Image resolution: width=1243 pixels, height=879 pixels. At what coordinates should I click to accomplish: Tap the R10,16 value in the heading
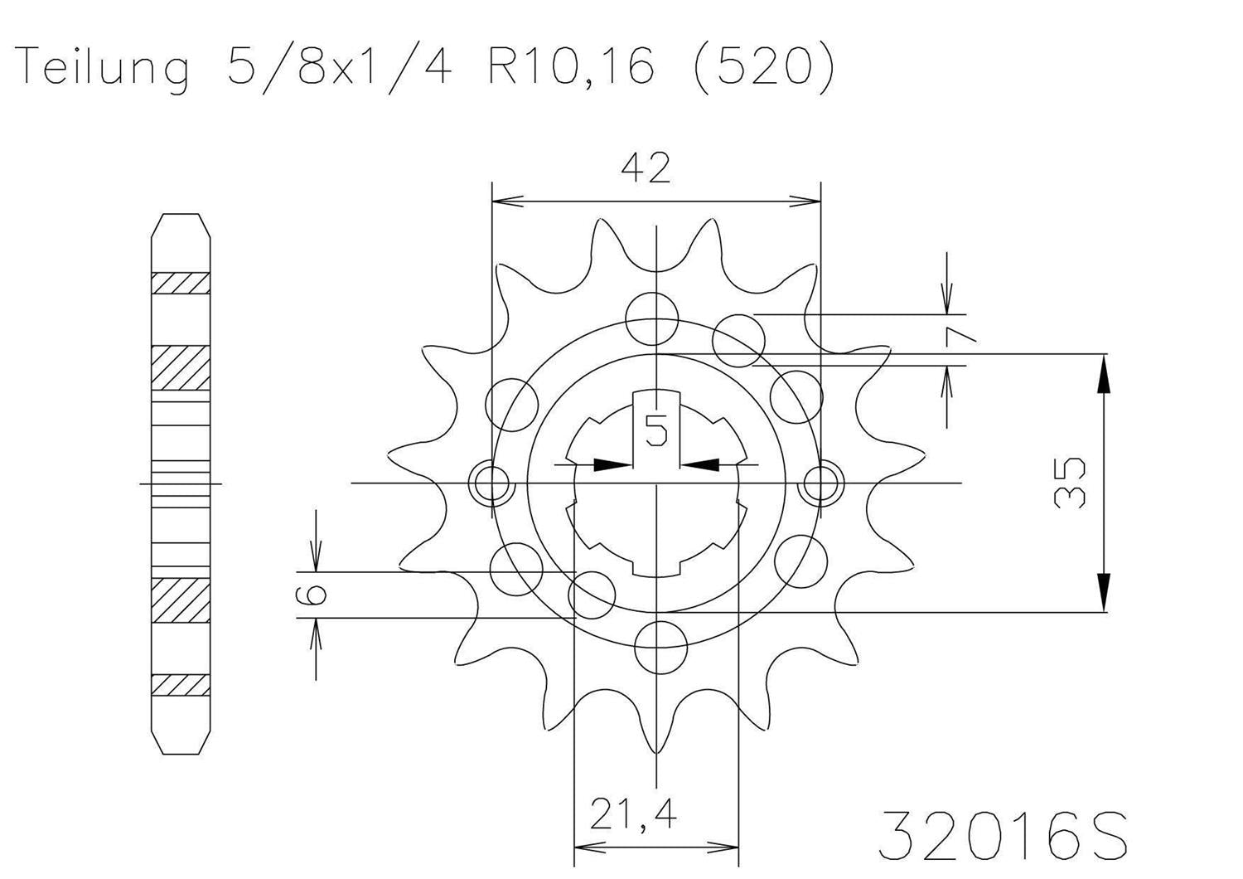(x=571, y=66)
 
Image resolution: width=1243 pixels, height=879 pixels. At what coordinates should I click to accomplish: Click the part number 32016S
(x=1002, y=835)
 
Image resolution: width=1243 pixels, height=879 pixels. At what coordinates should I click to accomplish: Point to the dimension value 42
(x=646, y=169)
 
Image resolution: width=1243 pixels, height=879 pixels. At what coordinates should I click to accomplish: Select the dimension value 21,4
(x=633, y=815)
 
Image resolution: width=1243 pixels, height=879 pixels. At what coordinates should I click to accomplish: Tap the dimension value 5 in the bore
(x=656, y=431)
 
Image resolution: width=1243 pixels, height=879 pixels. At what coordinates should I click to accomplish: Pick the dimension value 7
(x=962, y=334)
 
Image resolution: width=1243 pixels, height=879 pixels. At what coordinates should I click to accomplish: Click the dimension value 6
(x=315, y=594)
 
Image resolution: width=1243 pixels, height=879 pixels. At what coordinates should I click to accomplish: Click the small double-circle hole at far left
(x=491, y=482)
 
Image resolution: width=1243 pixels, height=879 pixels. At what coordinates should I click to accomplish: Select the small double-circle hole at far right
(x=820, y=482)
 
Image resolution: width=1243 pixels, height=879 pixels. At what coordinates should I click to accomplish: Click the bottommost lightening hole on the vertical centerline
(x=660, y=643)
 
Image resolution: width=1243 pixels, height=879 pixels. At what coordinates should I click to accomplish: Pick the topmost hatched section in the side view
(x=180, y=284)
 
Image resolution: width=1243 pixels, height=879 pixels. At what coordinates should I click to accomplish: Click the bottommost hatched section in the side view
(x=180, y=684)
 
